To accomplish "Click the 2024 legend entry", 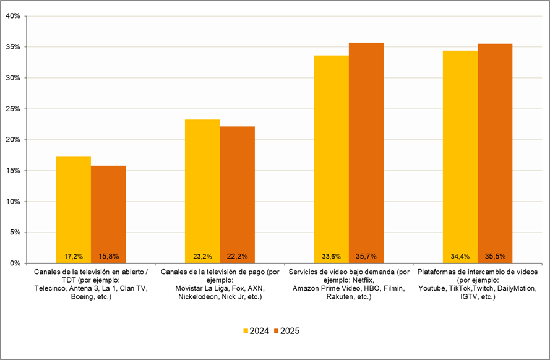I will click(x=254, y=331).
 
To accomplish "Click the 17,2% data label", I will click(x=74, y=256).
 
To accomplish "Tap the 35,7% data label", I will click(x=366, y=256).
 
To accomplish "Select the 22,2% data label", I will click(x=237, y=256).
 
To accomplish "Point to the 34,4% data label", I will click(x=460, y=256).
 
